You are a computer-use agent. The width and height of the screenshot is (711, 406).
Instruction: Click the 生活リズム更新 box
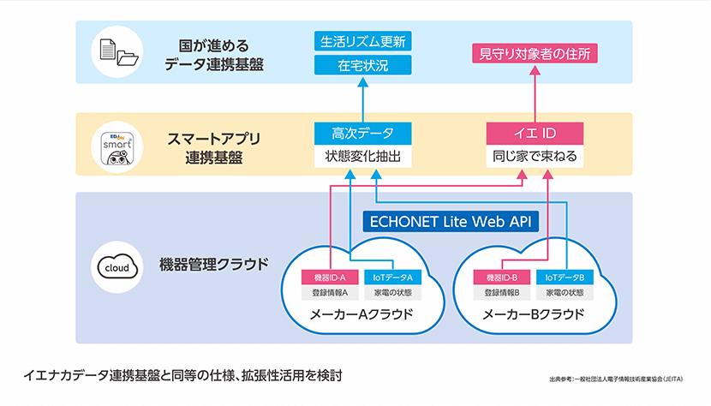coord(363,41)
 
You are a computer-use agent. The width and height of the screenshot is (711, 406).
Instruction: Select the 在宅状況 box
coord(363,64)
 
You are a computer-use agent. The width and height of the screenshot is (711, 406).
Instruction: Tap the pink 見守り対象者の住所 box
coord(535,53)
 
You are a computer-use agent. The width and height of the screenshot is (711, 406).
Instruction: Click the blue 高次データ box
coord(363,133)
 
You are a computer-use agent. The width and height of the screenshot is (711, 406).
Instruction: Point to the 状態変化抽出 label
coord(363,158)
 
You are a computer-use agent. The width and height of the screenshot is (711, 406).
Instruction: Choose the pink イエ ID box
coord(535,133)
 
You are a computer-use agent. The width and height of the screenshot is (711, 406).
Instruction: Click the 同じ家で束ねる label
coord(535,158)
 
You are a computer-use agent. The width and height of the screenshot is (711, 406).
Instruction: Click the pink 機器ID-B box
coord(498,278)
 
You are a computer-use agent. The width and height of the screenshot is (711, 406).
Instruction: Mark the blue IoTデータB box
coord(560,278)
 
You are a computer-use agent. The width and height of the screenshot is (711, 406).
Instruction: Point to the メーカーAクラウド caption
coord(361,314)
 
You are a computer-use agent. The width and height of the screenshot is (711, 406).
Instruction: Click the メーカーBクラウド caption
coord(533,314)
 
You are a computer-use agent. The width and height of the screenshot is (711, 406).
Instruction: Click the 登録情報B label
coord(498,293)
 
